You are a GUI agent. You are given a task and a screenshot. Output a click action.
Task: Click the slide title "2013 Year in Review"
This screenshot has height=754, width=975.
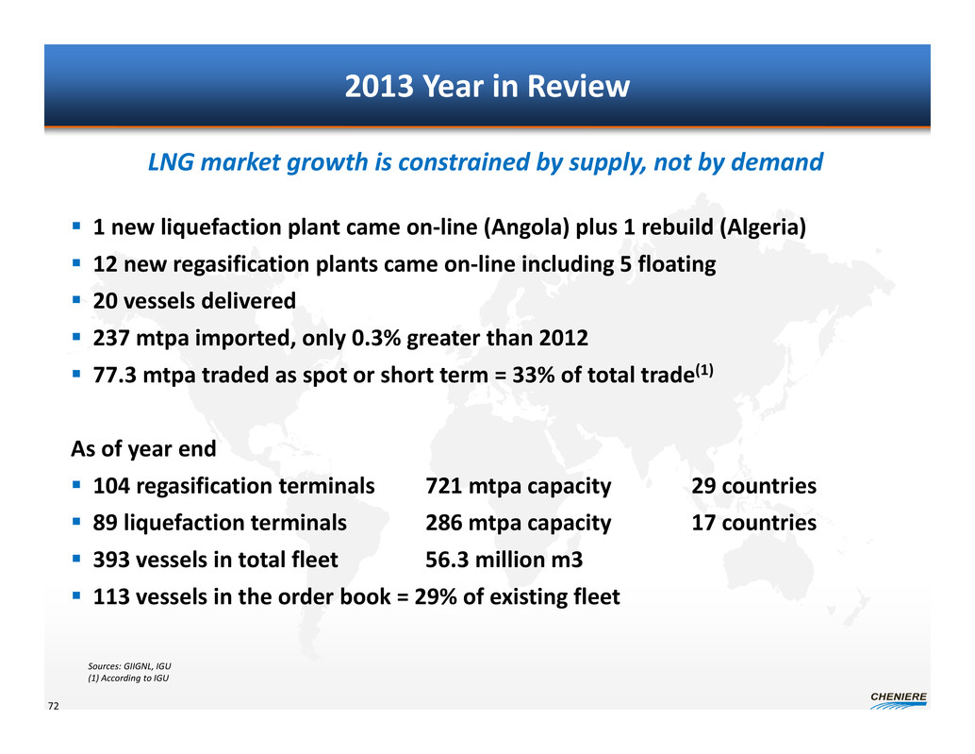click(x=487, y=88)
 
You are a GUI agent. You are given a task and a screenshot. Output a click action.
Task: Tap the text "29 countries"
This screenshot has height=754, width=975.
click(x=754, y=487)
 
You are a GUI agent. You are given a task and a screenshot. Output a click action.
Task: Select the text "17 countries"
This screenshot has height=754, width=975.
click(x=754, y=523)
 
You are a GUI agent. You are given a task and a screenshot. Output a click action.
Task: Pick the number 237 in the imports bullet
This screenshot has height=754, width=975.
click(x=111, y=338)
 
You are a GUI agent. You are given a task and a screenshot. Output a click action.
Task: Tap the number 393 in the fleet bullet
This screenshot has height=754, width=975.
click(x=111, y=561)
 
